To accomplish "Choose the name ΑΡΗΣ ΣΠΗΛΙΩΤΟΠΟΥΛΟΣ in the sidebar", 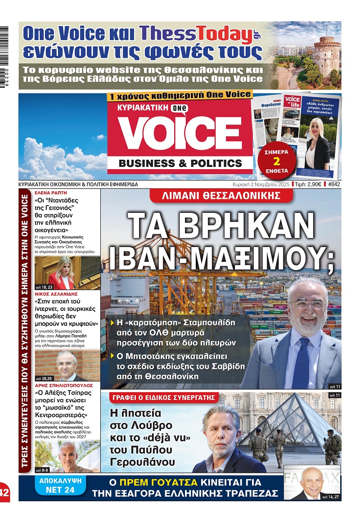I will coord(63,386).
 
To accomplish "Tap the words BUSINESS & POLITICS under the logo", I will coord(180,163).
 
